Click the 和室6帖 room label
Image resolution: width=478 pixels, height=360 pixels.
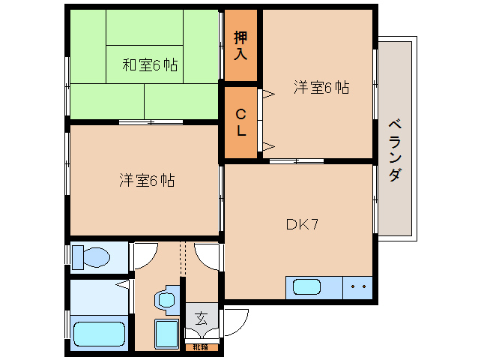pyautogui.click(x=150, y=65)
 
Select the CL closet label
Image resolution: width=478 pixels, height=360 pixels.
pyautogui.click(x=240, y=123)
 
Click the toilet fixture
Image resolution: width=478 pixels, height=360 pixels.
pyautogui.click(x=91, y=257)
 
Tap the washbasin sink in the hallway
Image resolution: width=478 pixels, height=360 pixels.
pyautogui.click(x=166, y=299)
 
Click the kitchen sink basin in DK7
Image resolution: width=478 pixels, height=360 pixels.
pyautogui.click(x=307, y=286)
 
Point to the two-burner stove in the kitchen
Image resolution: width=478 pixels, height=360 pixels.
pyautogui.click(x=357, y=286)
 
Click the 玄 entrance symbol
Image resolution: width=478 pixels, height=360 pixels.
pyautogui.click(x=201, y=318)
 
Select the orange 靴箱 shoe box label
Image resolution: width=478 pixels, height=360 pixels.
pyautogui.click(x=201, y=346)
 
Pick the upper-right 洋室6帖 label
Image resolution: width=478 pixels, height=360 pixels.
pyautogui.click(x=321, y=87)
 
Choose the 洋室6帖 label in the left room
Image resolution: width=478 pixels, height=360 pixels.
pyautogui.click(x=147, y=181)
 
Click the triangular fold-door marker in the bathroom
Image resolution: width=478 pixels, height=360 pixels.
pyautogui.click(x=123, y=284)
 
